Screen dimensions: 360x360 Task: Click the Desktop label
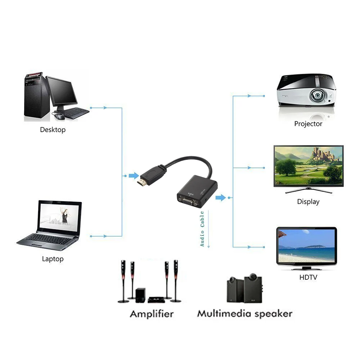pyautogui.click(x=53, y=130)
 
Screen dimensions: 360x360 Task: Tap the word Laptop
pyautogui.click(x=53, y=259)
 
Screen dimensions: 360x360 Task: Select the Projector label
pyautogui.click(x=308, y=124)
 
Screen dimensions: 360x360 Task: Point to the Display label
pyautogui.click(x=308, y=202)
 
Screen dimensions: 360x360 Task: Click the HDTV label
pyautogui.click(x=308, y=278)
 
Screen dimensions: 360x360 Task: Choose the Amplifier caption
pyautogui.click(x=152, y=314)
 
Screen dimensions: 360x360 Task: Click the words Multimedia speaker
pyautogui.click(x=244, y=314)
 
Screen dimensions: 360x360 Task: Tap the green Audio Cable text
pyautogui.click(x=202, y=229)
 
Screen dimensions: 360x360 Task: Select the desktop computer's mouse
pyautogui.click(x=59, y=116)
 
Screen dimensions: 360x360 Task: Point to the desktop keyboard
pyautogui.click(x=76, y=113)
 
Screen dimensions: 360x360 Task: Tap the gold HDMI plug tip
pyautogui.click(x=141, y=182)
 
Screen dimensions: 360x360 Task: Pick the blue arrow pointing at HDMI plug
pyautogui.click(x=134, y=176)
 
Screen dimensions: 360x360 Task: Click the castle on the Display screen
pyautogui.click(x=324, y=155)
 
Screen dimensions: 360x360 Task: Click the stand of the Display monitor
pyautogui.click(x=308, y=189)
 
